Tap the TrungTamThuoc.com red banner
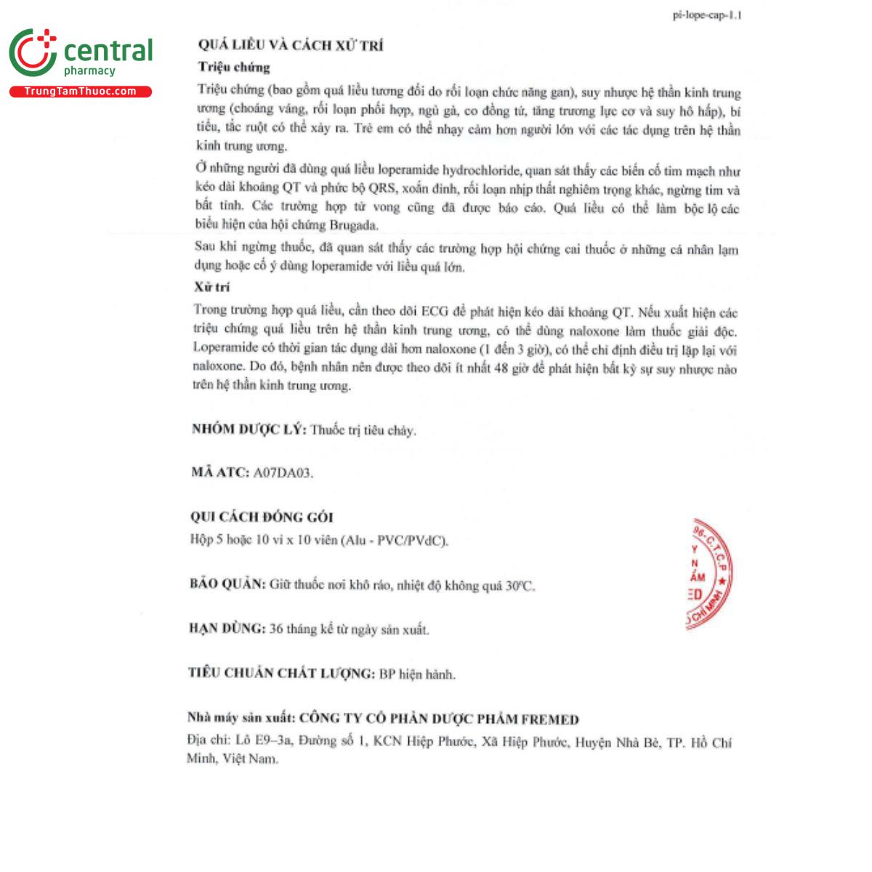coord(80,92)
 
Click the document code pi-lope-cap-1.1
coord(707,15)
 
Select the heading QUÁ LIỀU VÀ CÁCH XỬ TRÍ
coord(291,45)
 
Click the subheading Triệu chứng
coord(234,68)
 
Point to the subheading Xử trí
coord(212,287)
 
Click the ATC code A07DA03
coord(283,473)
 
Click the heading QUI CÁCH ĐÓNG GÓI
coord(262,517)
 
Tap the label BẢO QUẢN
coord(227,584)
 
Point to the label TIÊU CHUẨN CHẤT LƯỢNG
coord(281,674)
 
